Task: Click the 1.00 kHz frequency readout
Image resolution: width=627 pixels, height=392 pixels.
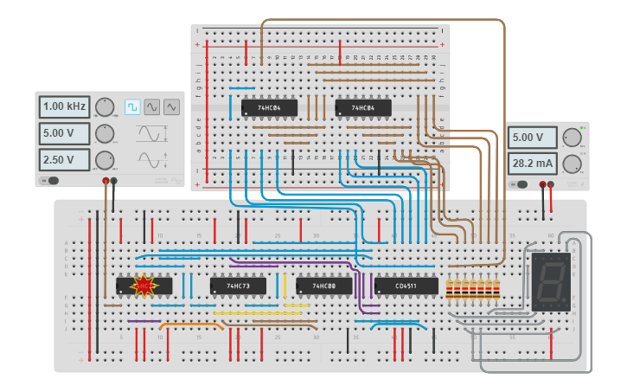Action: pyautogui.click(x=64, y=106)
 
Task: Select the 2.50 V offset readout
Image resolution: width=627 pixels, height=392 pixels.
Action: pyautogui.click(x=64, y=160)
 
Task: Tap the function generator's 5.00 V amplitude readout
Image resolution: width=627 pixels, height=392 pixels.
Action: pyautogui.click(x=64, y=133)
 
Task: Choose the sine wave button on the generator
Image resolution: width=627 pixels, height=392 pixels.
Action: pyautogui.click(x=152, y=106)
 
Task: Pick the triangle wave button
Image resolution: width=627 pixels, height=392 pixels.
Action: pyautogui.click(x=171, y=106)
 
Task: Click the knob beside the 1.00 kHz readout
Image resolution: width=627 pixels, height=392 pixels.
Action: pyautogui.click(x=105, y=106)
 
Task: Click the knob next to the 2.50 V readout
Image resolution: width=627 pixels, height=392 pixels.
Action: pyautogui.click(x=105, y=160)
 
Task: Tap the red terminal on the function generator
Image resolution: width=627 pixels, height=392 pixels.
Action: pyautogui.click(x=106, y=182)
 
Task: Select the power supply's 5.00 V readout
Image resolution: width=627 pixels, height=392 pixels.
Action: pyautogui.click(x=534, y=138)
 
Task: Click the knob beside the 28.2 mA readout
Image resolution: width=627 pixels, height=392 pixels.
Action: pyautogui.click(x=572, y=164)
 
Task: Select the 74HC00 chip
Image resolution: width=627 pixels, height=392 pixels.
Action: pyautogui.click(x=324, y=286)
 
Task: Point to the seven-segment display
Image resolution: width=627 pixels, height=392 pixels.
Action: pyautogui.click(x=551, y=281)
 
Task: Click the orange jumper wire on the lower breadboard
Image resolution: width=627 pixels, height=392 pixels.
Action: pyautogui.click(x=191, y=325)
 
